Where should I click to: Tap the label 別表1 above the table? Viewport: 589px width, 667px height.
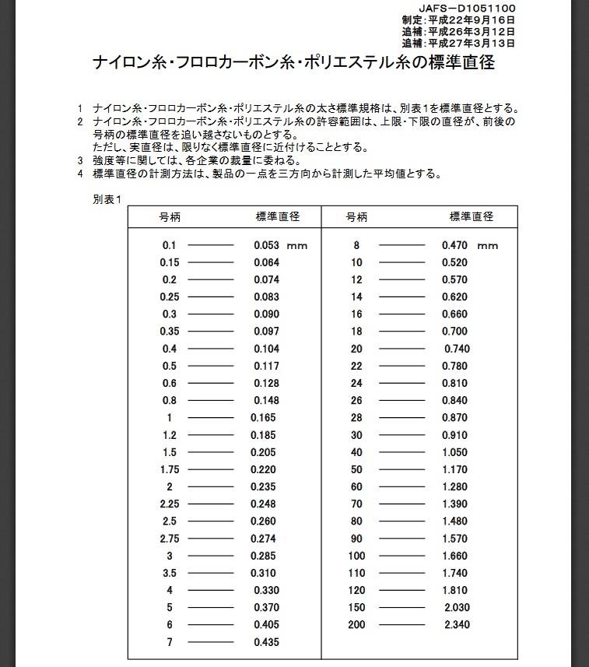tap(107, 200)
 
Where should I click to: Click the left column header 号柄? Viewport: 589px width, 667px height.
tap(170, 216)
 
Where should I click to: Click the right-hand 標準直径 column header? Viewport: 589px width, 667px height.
tap(472, 216)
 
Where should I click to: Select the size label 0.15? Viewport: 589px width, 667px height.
tap(170, 262)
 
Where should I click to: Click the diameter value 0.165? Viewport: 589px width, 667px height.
tap(263, 418)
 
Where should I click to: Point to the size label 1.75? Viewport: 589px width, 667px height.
tap(170, 469)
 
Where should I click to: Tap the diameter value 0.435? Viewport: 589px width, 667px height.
tap(266, 642)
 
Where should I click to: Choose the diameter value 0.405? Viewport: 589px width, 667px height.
tap(266, 625)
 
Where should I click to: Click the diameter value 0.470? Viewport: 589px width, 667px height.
tap(454, 245)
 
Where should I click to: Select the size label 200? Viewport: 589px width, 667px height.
tap(356, 625)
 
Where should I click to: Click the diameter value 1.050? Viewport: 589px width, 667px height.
tap(454, 452)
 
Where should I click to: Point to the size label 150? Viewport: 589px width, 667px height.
tap(356, 608)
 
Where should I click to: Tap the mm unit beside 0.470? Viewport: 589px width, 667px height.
tap(488, 246)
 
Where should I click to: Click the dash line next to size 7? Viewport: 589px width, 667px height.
tap(211, 642)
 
